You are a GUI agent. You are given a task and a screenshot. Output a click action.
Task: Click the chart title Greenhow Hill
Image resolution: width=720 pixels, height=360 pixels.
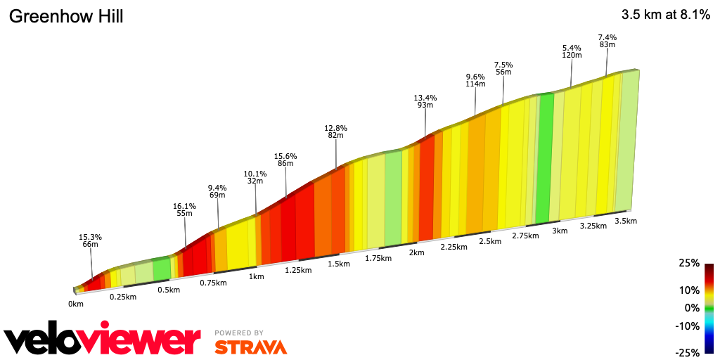[65, 16]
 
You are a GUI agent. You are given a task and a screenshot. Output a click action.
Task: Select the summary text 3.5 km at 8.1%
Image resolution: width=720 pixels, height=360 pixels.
[665, 15]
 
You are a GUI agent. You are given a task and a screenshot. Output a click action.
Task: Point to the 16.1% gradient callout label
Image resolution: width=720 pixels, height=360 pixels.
[184, 207]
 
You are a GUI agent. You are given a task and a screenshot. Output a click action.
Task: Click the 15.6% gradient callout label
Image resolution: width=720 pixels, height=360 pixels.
[285, 156]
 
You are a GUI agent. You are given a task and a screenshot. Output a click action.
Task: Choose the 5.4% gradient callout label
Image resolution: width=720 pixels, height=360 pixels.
[572, 48]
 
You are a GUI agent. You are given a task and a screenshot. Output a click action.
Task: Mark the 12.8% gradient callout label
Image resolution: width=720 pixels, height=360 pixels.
[335, 128]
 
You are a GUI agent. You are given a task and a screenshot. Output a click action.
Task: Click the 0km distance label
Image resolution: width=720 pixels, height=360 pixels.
[76, 304]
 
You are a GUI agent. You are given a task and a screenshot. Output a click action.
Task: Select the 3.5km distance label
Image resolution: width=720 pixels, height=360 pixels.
[626, 221]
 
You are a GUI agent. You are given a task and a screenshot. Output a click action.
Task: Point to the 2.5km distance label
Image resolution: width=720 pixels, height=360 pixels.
[490, 241]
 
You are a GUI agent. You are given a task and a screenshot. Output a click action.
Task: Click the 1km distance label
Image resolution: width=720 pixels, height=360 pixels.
[256, 276]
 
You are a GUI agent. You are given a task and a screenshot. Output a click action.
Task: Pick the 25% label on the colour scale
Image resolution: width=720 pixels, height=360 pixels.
[689, 263]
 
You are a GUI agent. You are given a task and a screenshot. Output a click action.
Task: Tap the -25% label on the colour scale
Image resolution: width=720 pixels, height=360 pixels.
[688, 352]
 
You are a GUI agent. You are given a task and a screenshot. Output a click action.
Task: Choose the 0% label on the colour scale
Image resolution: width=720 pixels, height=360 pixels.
[691, 307]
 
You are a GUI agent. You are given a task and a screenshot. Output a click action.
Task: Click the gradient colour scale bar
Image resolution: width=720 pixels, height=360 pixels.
[709, 308]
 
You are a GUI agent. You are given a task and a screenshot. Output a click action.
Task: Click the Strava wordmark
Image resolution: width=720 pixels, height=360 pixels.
[251, 347]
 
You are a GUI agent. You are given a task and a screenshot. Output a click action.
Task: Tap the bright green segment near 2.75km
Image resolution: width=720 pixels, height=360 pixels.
[544, 158]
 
